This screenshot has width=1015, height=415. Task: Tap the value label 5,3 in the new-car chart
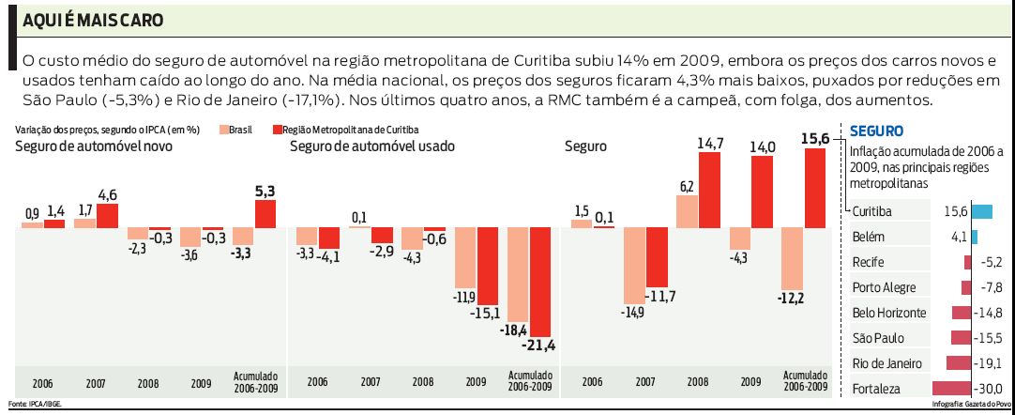(265, 192)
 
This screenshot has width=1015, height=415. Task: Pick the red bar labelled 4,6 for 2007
(108, 216)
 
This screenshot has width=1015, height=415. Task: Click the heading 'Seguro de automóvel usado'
(372, 146)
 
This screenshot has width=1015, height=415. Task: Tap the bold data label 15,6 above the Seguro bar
(815, 138)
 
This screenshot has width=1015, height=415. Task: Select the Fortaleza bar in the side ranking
(955, 388)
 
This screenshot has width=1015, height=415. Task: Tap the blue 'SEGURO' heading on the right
(875, 131)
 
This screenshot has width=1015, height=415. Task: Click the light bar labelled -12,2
(792, 259)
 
